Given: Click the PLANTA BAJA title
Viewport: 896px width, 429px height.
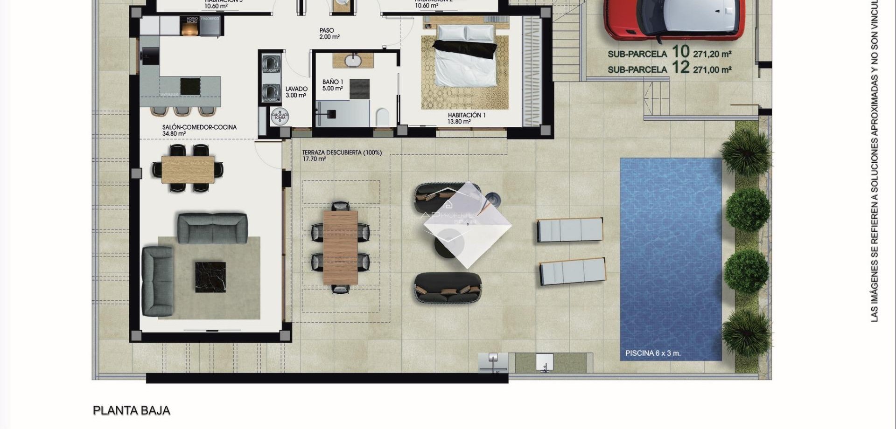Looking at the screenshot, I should pos(132,410).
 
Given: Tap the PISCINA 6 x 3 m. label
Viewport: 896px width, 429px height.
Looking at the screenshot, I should pos(653,353).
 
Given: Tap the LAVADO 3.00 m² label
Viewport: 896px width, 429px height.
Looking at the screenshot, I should pos(296,92).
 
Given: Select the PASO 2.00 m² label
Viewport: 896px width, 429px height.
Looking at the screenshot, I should pos(329,34).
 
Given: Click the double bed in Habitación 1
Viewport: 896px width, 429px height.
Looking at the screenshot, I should pos(465,56).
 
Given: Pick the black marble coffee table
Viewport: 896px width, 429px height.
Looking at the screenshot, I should pos(210,277).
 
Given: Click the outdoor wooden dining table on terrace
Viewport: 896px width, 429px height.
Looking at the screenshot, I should pos(340,247).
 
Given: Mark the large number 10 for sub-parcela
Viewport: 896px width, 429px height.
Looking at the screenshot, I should pos(680,51).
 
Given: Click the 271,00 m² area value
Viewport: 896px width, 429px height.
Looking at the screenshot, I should pos(712,69).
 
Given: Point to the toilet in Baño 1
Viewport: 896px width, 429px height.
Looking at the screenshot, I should pos(382,117).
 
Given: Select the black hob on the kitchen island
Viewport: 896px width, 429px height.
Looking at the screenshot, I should pos(190,86).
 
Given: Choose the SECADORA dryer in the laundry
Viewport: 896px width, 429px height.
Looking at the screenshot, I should pos(271,63).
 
